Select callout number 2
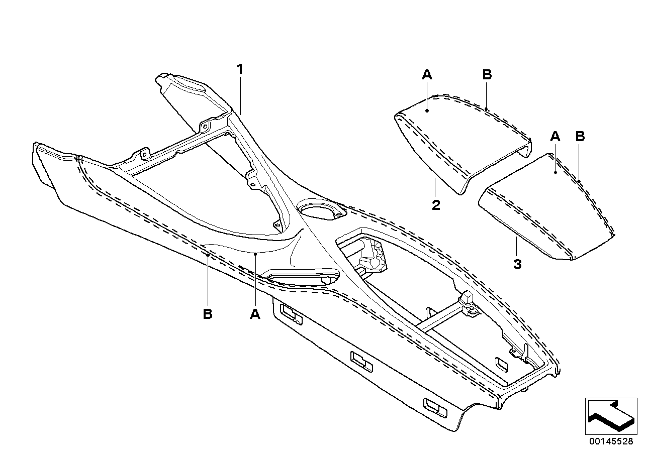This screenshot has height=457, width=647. (x=436, y=205)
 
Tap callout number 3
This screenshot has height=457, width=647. (x=517, y=264)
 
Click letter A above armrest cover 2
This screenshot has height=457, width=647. (x=426, y=75)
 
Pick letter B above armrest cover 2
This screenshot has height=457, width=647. (x=487, y=75)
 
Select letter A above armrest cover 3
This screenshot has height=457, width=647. (x=555, y=136)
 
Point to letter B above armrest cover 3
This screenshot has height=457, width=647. (x=580, y=136)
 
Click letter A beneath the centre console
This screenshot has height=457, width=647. (x=255, y=314)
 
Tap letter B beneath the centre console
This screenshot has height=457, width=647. (x=208, y=314)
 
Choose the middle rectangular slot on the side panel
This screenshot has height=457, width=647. (x=361, y=362)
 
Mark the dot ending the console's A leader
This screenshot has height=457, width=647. (x=255, y=255)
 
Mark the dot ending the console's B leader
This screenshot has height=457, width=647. (x=208, y=255)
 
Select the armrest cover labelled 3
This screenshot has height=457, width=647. (x=548, y=211)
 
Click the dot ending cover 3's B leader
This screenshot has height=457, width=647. (x=579, y=181)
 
